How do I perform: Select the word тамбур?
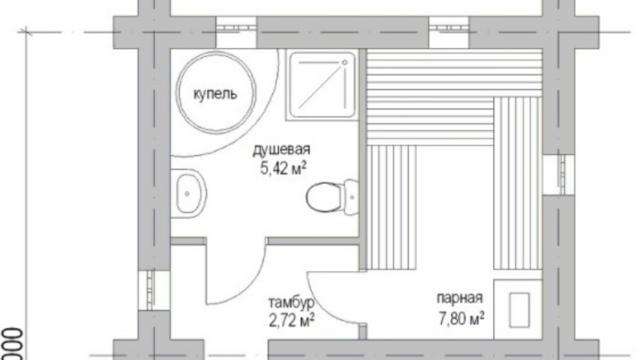(x=292, y=302)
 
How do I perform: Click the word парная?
(x=460, y=298)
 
